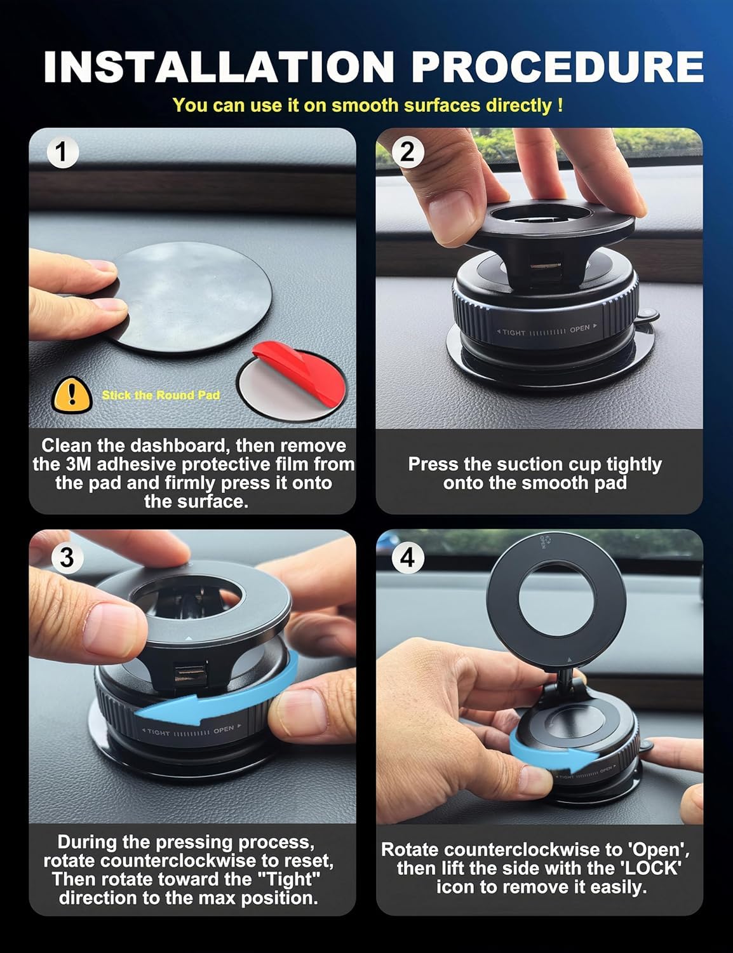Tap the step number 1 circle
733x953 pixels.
pos(62,153)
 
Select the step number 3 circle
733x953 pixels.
pos(67,557)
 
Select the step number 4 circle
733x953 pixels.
pos(408,557)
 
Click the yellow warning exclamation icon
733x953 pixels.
pos(71,395)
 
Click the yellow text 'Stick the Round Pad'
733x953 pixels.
pos(161,395)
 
